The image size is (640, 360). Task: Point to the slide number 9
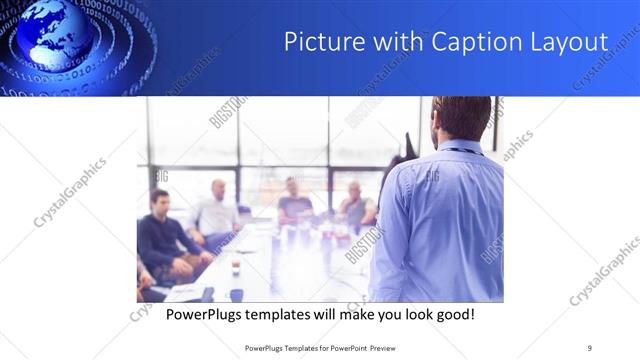click(x=590, y=347)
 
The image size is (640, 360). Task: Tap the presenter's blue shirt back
click(x=440, y=220)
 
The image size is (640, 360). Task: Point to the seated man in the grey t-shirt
click(x=295, y=200)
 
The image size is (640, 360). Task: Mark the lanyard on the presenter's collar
click(x=458, y=151)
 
